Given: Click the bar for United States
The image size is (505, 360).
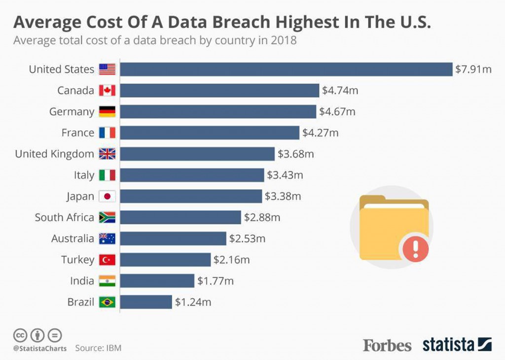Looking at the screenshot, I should point(286,69).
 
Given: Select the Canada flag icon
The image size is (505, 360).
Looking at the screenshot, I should point(107,90).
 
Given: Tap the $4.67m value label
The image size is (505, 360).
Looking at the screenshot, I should point(337,111).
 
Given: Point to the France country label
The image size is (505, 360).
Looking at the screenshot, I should point(77,133).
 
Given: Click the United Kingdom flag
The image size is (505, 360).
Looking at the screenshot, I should point(107,154).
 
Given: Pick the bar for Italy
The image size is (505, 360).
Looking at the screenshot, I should point(192,175).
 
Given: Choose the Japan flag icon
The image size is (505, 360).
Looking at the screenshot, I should point(107,196).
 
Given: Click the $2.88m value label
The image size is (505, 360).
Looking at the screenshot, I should point(262,217).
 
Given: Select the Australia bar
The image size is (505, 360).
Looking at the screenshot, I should point(173,239).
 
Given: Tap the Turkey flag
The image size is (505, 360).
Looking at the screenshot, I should point(107,260).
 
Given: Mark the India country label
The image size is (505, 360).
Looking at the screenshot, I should point(82,281).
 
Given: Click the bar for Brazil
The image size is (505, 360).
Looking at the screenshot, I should point(146,302).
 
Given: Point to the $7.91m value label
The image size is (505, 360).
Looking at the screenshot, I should point(473,69).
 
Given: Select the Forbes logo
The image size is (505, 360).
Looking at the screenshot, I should point(387,345).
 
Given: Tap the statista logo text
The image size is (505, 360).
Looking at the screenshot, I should point(448,345).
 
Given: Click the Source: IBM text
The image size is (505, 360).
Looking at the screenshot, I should point(98,348).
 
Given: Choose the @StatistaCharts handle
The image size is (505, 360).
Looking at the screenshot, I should point(40,348).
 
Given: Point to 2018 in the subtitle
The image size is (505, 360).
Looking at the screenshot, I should point(284,40).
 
